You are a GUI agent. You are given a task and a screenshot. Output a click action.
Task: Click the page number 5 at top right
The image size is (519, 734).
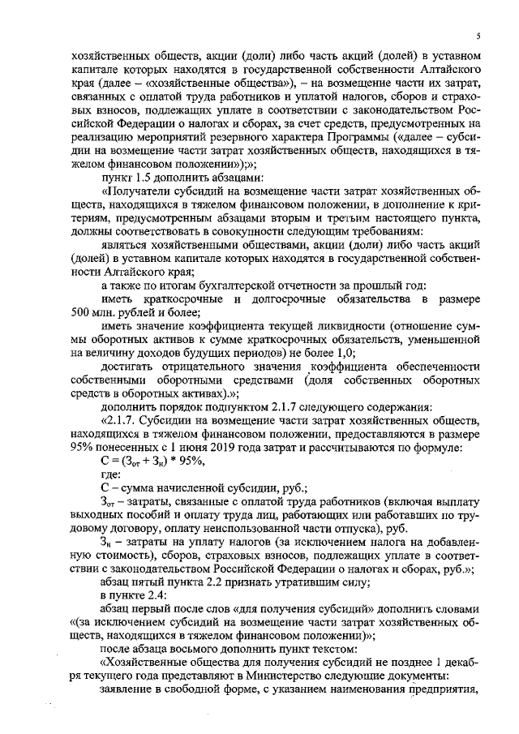478,36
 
